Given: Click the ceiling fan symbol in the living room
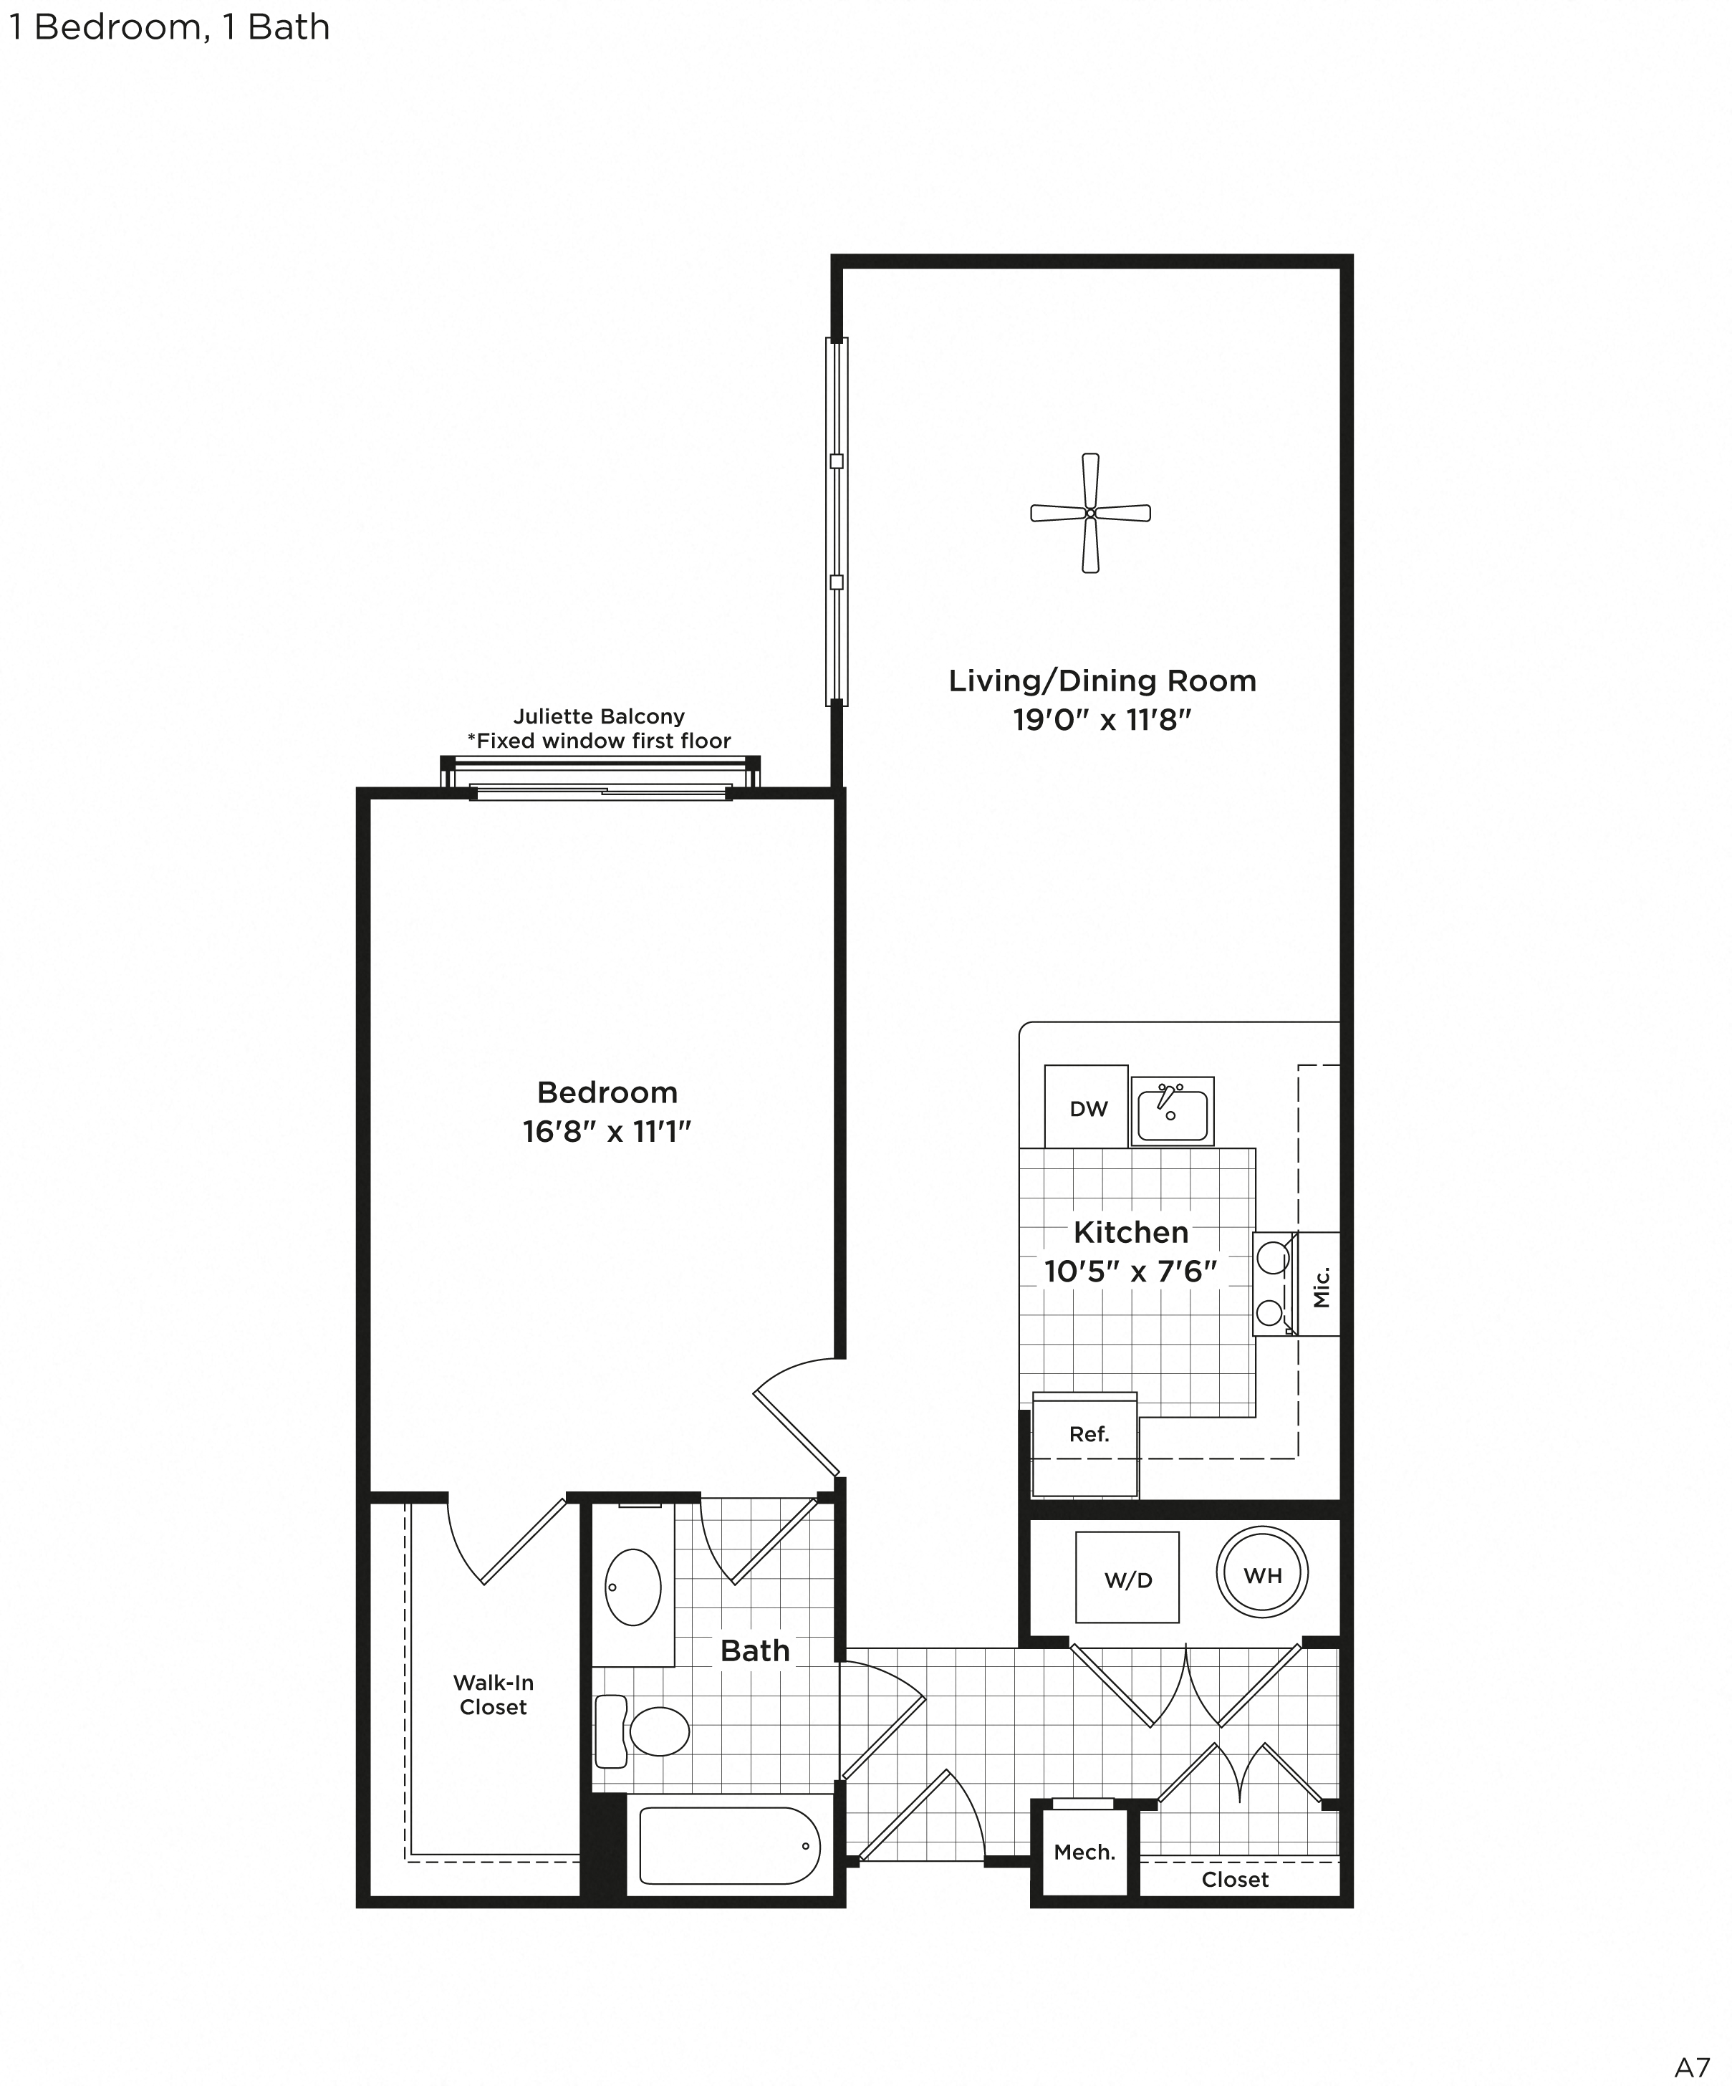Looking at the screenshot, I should coord(1089,513).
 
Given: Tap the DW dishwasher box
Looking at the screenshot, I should coord(1087,1109).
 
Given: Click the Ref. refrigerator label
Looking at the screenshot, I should coord(1089,1434).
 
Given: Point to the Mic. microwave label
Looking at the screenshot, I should coord(1320,1287).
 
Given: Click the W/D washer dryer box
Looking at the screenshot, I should coord(1127,1580).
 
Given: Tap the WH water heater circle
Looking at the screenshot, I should coord(1261,1575).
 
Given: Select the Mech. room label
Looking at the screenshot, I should coord(1084,1852).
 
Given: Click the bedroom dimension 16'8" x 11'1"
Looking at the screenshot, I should coord(606,1131).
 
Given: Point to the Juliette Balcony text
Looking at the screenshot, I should coord(599,716).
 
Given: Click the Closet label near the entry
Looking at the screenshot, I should coord(1234,1880).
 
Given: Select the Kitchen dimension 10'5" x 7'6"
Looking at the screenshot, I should coord(1130,1272).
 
